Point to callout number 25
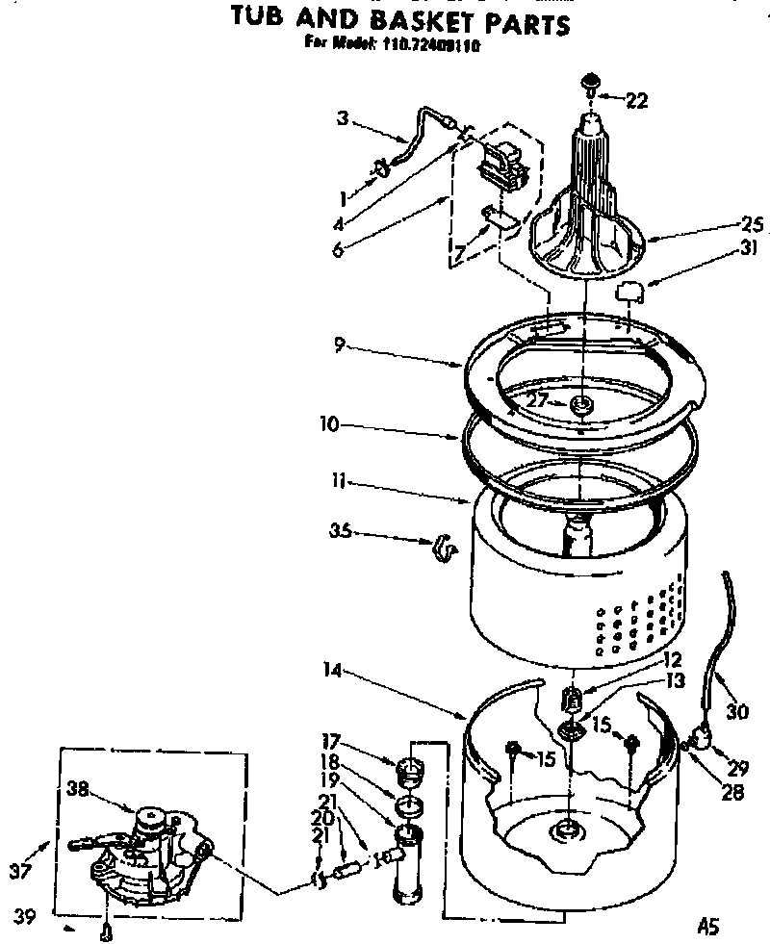[x=753, y=225]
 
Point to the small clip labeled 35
[x=444, y=546]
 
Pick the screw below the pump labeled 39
[x=106, y=930]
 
